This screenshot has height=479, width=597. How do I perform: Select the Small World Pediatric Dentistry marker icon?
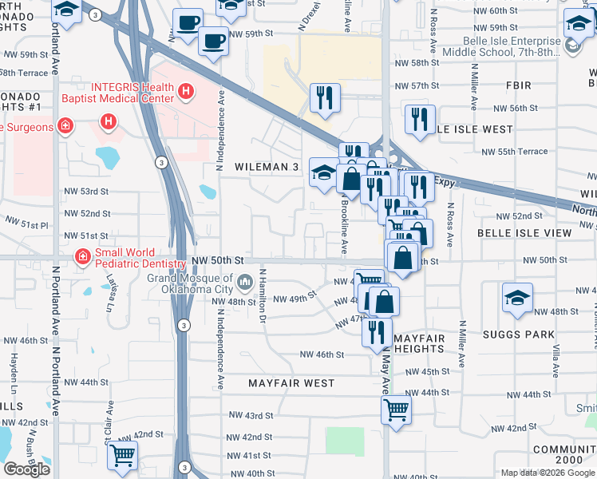click(81, 256)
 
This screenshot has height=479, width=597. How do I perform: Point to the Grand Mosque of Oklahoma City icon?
click(244, 280)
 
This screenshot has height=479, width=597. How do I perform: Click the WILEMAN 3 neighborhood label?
click(266, 167)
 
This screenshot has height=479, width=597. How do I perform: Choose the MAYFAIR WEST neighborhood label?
click(291, 383)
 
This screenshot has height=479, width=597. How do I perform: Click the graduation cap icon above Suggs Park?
click(517, 299)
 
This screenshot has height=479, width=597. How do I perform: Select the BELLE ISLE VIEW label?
click(524, 233)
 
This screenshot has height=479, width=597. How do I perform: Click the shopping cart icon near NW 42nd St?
click(122, 455)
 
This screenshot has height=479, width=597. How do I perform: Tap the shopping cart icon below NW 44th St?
click(397, 411)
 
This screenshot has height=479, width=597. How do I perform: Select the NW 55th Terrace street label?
click(515, 152)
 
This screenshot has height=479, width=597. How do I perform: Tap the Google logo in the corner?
click(26, 469)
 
